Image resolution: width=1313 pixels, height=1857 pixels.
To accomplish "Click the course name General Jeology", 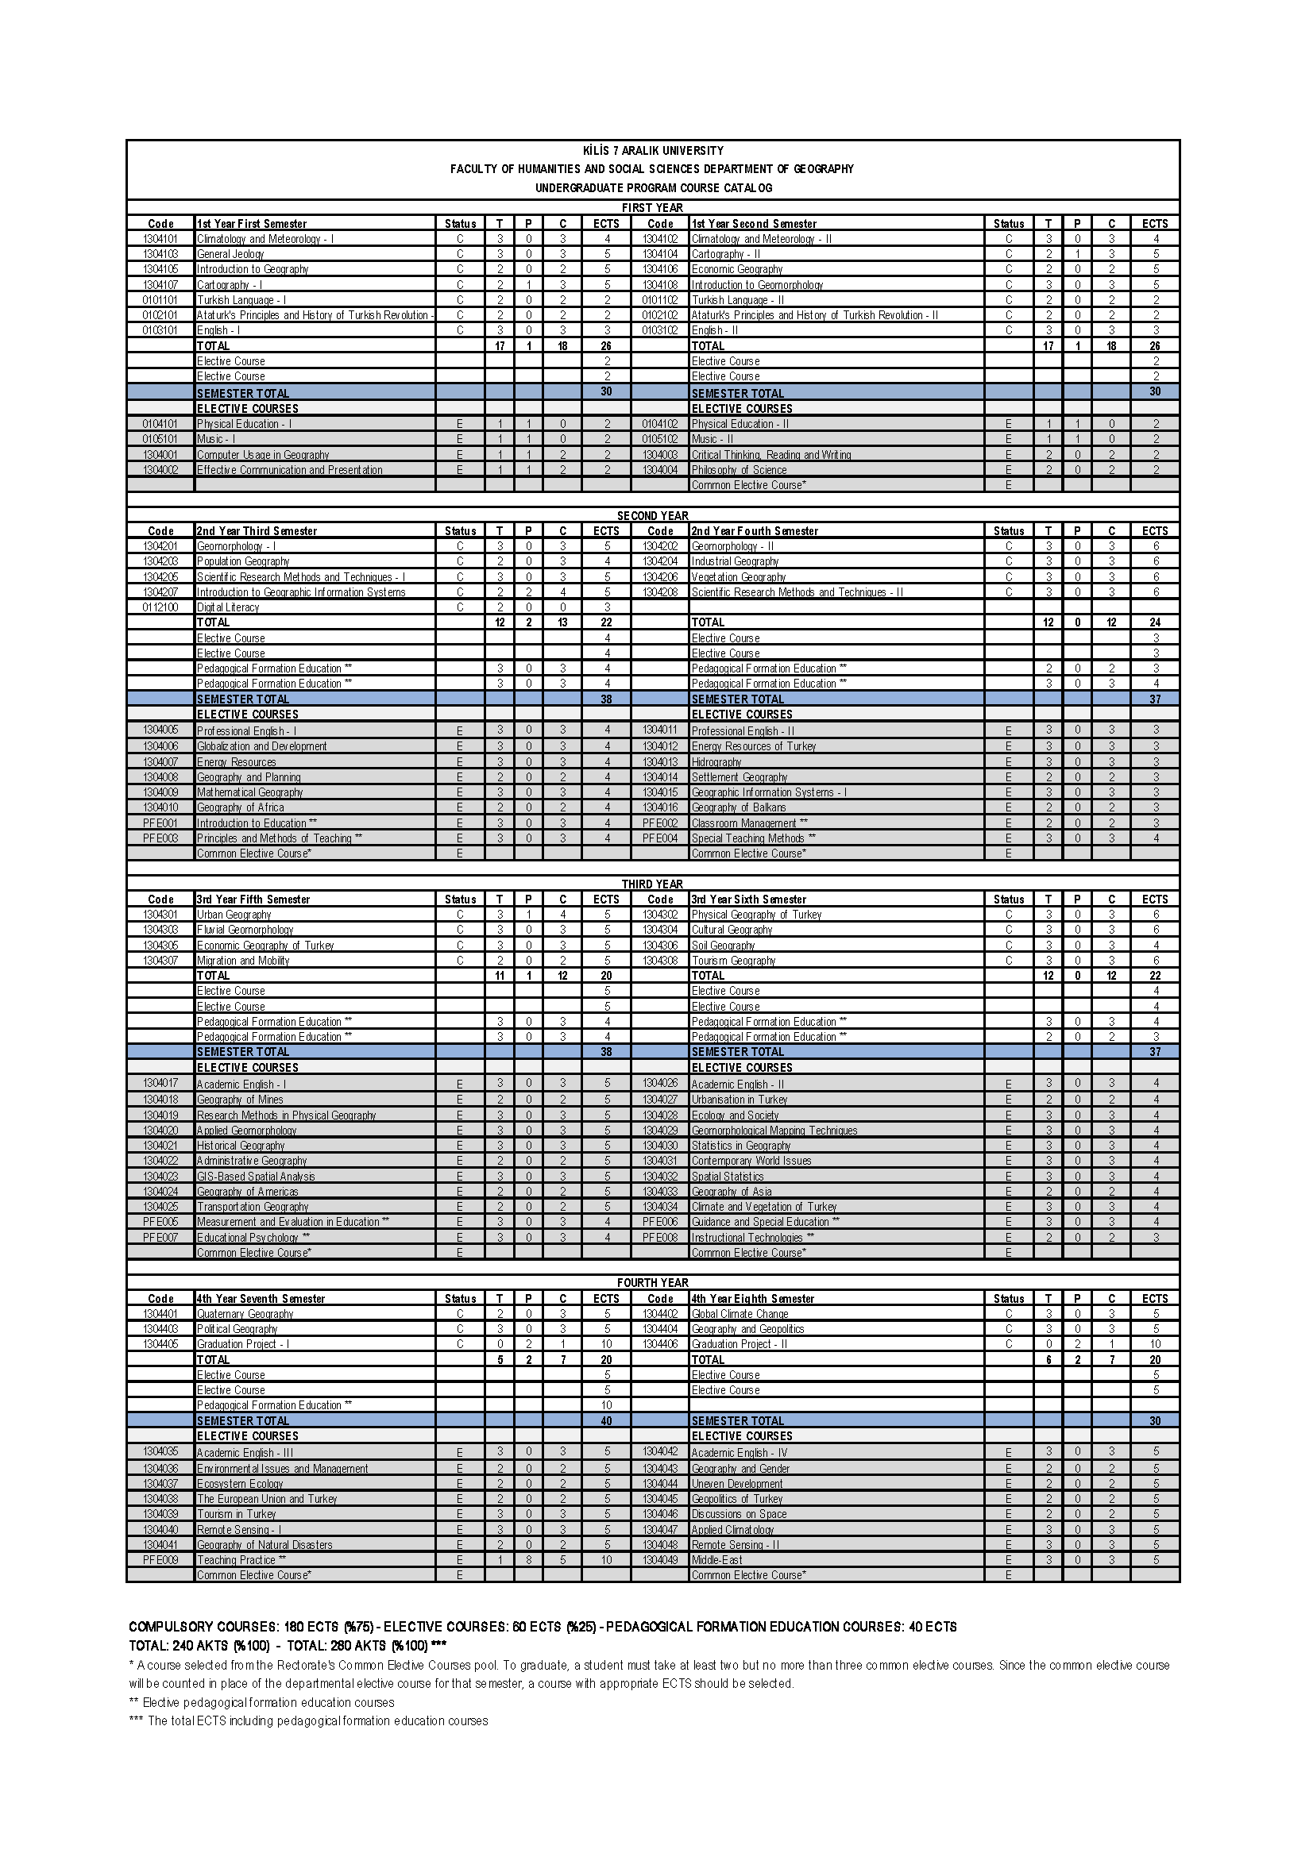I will (230, 254).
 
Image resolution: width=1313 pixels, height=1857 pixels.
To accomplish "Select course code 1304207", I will (160, 592).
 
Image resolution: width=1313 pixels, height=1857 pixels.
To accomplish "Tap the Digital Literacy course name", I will (228, 607).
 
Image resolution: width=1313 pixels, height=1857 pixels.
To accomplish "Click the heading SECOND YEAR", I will (652, 516).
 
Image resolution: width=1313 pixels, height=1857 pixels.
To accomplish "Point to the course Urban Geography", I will (234, 915).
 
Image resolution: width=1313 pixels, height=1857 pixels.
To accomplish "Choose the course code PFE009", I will (160, 1559).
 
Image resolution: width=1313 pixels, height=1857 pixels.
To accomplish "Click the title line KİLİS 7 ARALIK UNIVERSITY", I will (653, 150).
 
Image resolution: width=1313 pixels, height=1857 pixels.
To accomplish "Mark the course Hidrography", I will (716, 762).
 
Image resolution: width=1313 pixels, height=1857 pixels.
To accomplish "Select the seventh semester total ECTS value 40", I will (606, 1421).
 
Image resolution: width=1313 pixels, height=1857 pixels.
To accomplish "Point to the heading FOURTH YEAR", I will (652, 1283).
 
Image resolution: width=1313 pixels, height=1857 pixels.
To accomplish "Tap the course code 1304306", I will (660, 946).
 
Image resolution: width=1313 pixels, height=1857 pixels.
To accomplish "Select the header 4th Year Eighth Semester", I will (752, 1299).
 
